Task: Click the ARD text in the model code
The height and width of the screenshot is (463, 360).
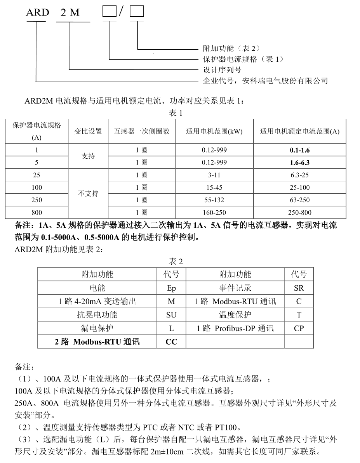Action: coord(38,12)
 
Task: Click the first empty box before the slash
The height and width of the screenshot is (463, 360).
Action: coord(109,12)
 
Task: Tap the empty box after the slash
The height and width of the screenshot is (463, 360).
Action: coord(136,12)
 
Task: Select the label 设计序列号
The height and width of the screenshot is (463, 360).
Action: coord(223,70)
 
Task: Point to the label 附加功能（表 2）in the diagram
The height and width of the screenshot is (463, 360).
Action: coord(231,49)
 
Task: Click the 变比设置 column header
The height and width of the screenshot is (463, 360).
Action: coord(88,132)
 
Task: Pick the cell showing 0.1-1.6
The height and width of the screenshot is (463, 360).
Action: coord(299,150)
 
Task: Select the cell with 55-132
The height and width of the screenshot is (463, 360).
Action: coord(214,200)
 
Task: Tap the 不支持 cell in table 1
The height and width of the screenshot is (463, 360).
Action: coord(88,194)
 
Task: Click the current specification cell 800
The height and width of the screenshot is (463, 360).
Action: coord(37,212)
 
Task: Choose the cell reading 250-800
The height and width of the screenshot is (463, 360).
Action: coord(299,212)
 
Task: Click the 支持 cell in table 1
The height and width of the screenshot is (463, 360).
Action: coord(88,156)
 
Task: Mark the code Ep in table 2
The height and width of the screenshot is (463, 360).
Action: coord(171,288)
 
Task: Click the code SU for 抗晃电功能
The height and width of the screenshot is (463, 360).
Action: coord(171,315)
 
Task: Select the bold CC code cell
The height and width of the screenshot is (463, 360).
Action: coord(171,342)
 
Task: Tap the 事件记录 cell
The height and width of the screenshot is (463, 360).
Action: coord(235,288)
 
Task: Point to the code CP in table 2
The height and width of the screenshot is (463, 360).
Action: coord(299,328)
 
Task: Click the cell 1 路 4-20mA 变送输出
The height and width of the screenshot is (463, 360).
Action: coord(97,302)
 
